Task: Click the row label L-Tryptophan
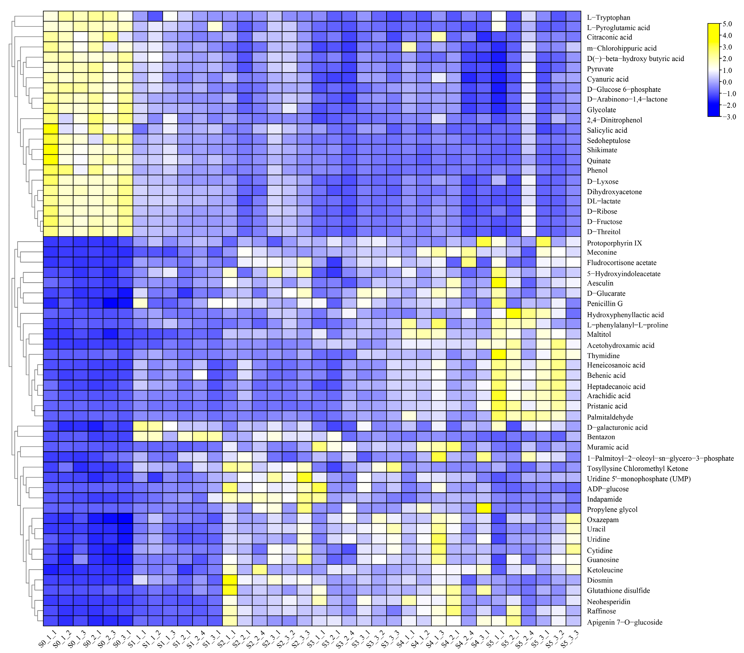[x=608, y=18]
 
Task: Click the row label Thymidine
[x=603, y=356]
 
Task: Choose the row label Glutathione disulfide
[x=618, y=590]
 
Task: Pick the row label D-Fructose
[x=604, y=221]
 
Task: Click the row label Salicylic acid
[x=607, y=130]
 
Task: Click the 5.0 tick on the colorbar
[x=727, y=24]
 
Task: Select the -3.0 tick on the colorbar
[x=728, y=117]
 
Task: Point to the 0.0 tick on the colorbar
[x=727, y=82]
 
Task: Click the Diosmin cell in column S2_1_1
[x=230, y=580]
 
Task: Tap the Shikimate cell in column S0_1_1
[x=51, y=150]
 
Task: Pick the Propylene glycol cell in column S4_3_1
[x=484, y=509]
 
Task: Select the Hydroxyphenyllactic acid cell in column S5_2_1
[x=514, y=315]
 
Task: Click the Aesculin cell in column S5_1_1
[x=499, y=283]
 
